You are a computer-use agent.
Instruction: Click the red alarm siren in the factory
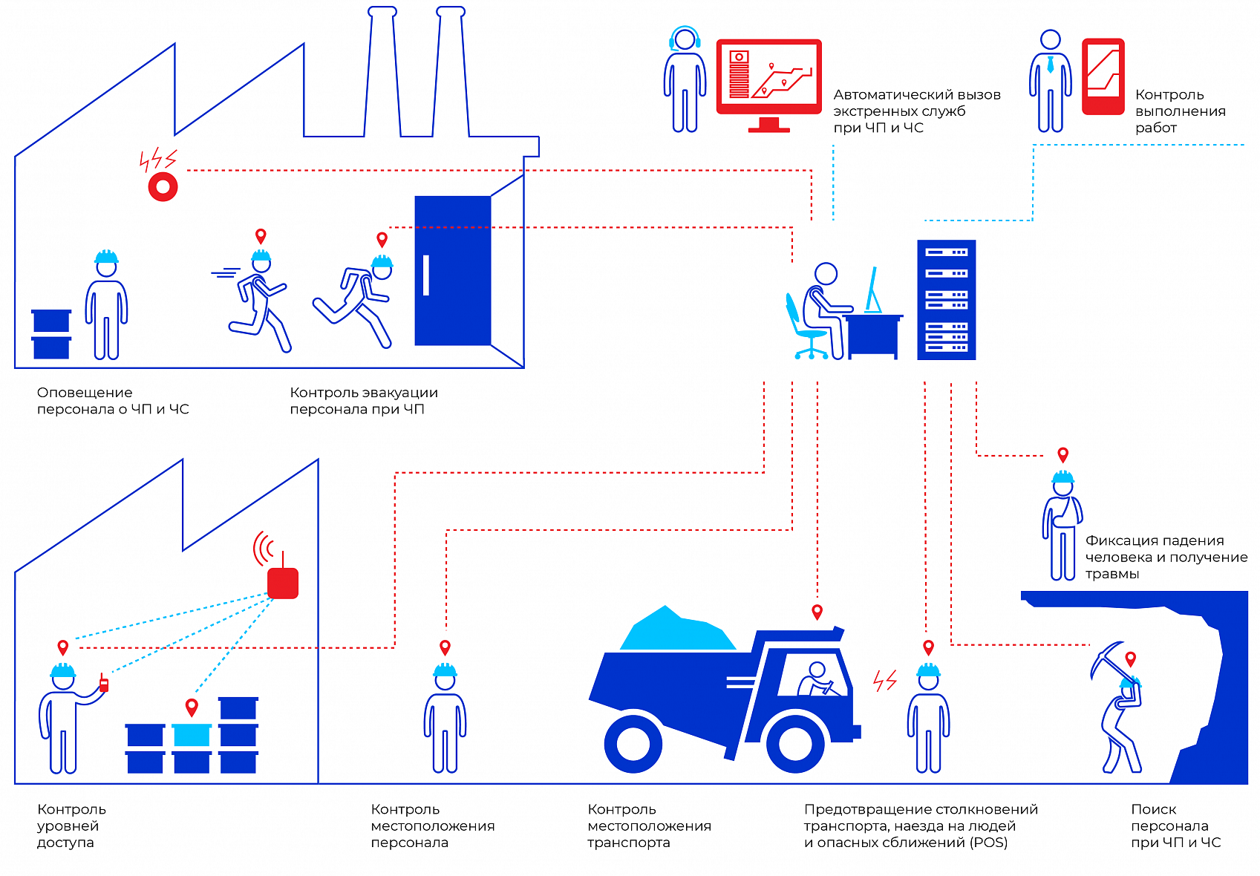click(x=163, y=186)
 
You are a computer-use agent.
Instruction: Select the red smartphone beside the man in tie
click(x=1103, y=76)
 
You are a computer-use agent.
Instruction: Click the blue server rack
click(x=946, y=299)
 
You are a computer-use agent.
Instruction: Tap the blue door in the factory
click(x=452, y=270)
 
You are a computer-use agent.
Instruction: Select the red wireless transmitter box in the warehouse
click(x=283, y=583)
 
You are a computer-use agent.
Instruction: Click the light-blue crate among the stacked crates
click(x=192, y=734)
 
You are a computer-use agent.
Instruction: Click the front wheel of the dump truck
click(x=795, y=743)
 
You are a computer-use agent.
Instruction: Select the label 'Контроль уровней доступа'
click(x=71, y=826)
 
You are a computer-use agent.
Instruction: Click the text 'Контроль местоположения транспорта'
click(x=649, y=826)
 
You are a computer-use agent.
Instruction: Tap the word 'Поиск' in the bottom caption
click(x=1153, y=809)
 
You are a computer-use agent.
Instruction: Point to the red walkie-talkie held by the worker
click(x=104, y=684)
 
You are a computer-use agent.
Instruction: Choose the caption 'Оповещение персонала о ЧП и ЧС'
click(x=113, y=401)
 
